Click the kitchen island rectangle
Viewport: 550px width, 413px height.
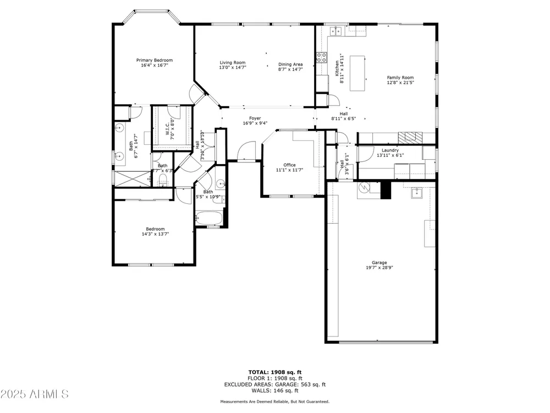[x=357, y=73]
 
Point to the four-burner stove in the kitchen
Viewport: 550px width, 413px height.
[x=322, y=58]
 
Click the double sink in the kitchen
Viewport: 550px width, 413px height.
[x=336, y=31]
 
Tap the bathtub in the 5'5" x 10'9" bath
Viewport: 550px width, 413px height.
[x=209, y=219]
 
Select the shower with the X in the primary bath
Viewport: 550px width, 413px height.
[x=132, y=180]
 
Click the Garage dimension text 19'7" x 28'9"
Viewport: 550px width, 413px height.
[x=379, y=268]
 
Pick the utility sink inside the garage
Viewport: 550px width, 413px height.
[x=417, y=193]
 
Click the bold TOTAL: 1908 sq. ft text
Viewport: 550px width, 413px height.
[x=275, y=372]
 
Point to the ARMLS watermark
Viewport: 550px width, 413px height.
[x=34, y=394]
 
